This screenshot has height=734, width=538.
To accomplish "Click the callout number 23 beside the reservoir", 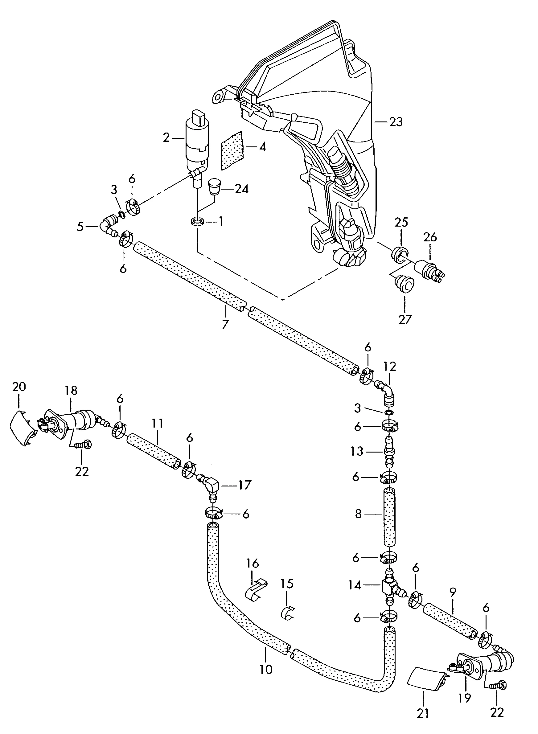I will tap(396, 122).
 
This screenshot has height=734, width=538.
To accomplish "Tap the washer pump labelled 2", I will tap(197, 143).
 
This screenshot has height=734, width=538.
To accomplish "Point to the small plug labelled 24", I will tap(214, 186).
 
